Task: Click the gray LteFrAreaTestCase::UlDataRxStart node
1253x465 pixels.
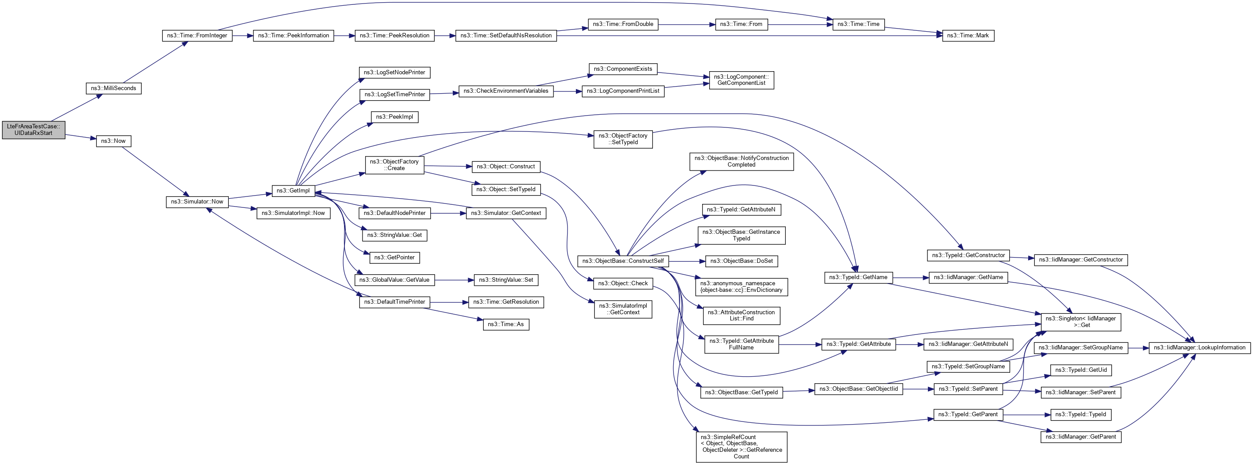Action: click(33, 130)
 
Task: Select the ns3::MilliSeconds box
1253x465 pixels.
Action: click(114, 88)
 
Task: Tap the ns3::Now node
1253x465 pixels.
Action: click(114, 141)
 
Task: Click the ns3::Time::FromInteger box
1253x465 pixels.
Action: click(197, 36)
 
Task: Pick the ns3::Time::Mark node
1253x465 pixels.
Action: click(967, 36)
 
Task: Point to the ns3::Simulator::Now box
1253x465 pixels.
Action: click(197, 202)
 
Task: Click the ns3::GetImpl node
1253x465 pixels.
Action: click(293, 190)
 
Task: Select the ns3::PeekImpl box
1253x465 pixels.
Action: click(394, 117)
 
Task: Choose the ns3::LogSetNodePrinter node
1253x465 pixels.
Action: click(394, 73)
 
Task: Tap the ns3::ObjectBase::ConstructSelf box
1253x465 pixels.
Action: click(623, 261)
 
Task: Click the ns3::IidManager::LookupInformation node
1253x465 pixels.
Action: click(1199, 347)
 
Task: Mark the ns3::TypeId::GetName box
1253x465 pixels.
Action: click(858, 277)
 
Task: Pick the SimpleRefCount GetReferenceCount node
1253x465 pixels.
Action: click(741, 447)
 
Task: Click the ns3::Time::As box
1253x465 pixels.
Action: click(506, 324)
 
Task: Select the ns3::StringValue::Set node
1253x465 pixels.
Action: click(506, 280)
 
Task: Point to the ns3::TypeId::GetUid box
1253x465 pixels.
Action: click(1081, 370)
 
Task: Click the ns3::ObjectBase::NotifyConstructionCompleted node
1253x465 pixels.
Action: click(741, 161)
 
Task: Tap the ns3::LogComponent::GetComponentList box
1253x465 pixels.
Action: click(741, 80)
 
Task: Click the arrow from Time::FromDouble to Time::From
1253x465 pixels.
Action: click(686, 24)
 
